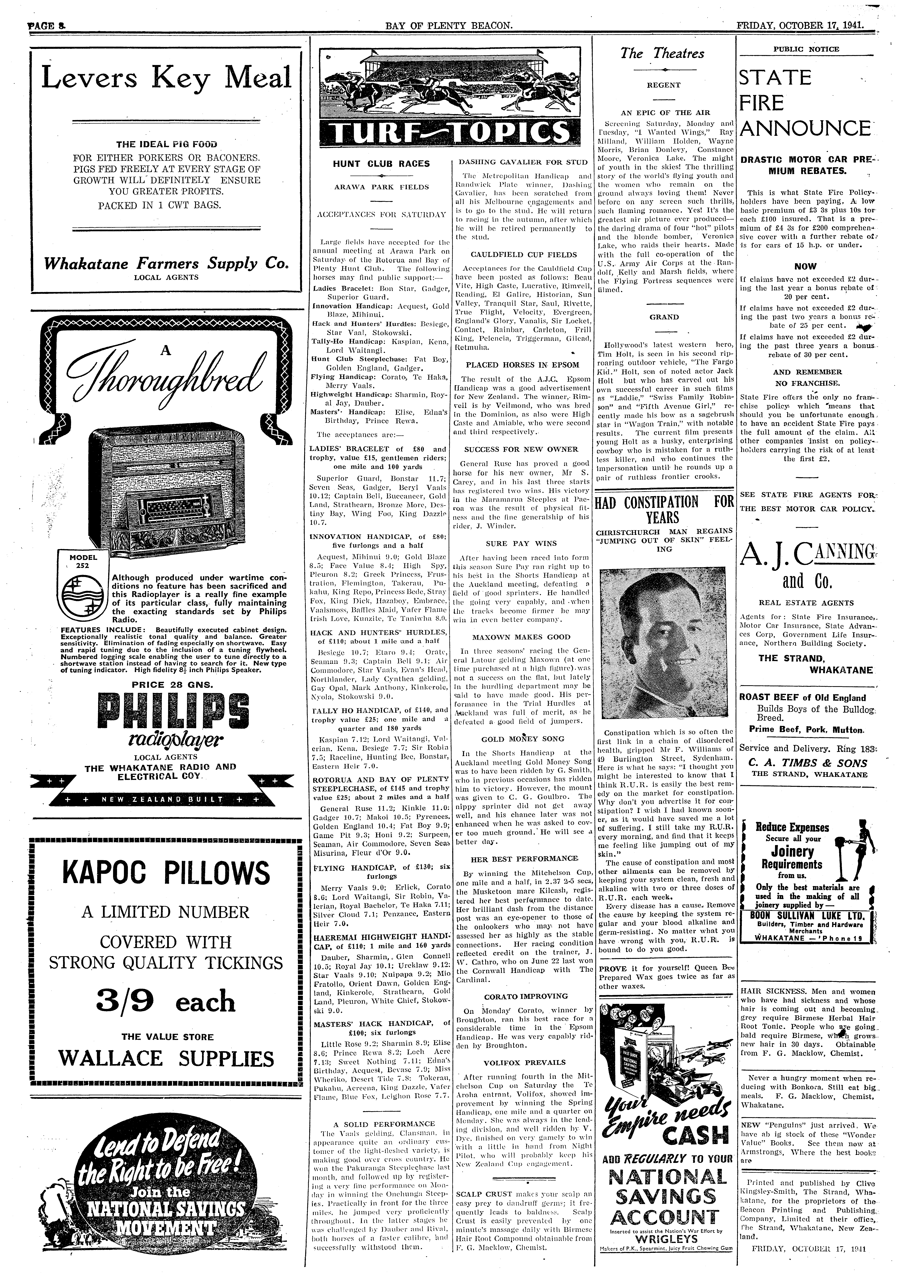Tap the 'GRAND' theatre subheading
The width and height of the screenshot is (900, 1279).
pyautogui.click(x=664, y=317)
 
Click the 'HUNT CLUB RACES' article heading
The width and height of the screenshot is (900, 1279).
pyautogui.click(x=381, y=164)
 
